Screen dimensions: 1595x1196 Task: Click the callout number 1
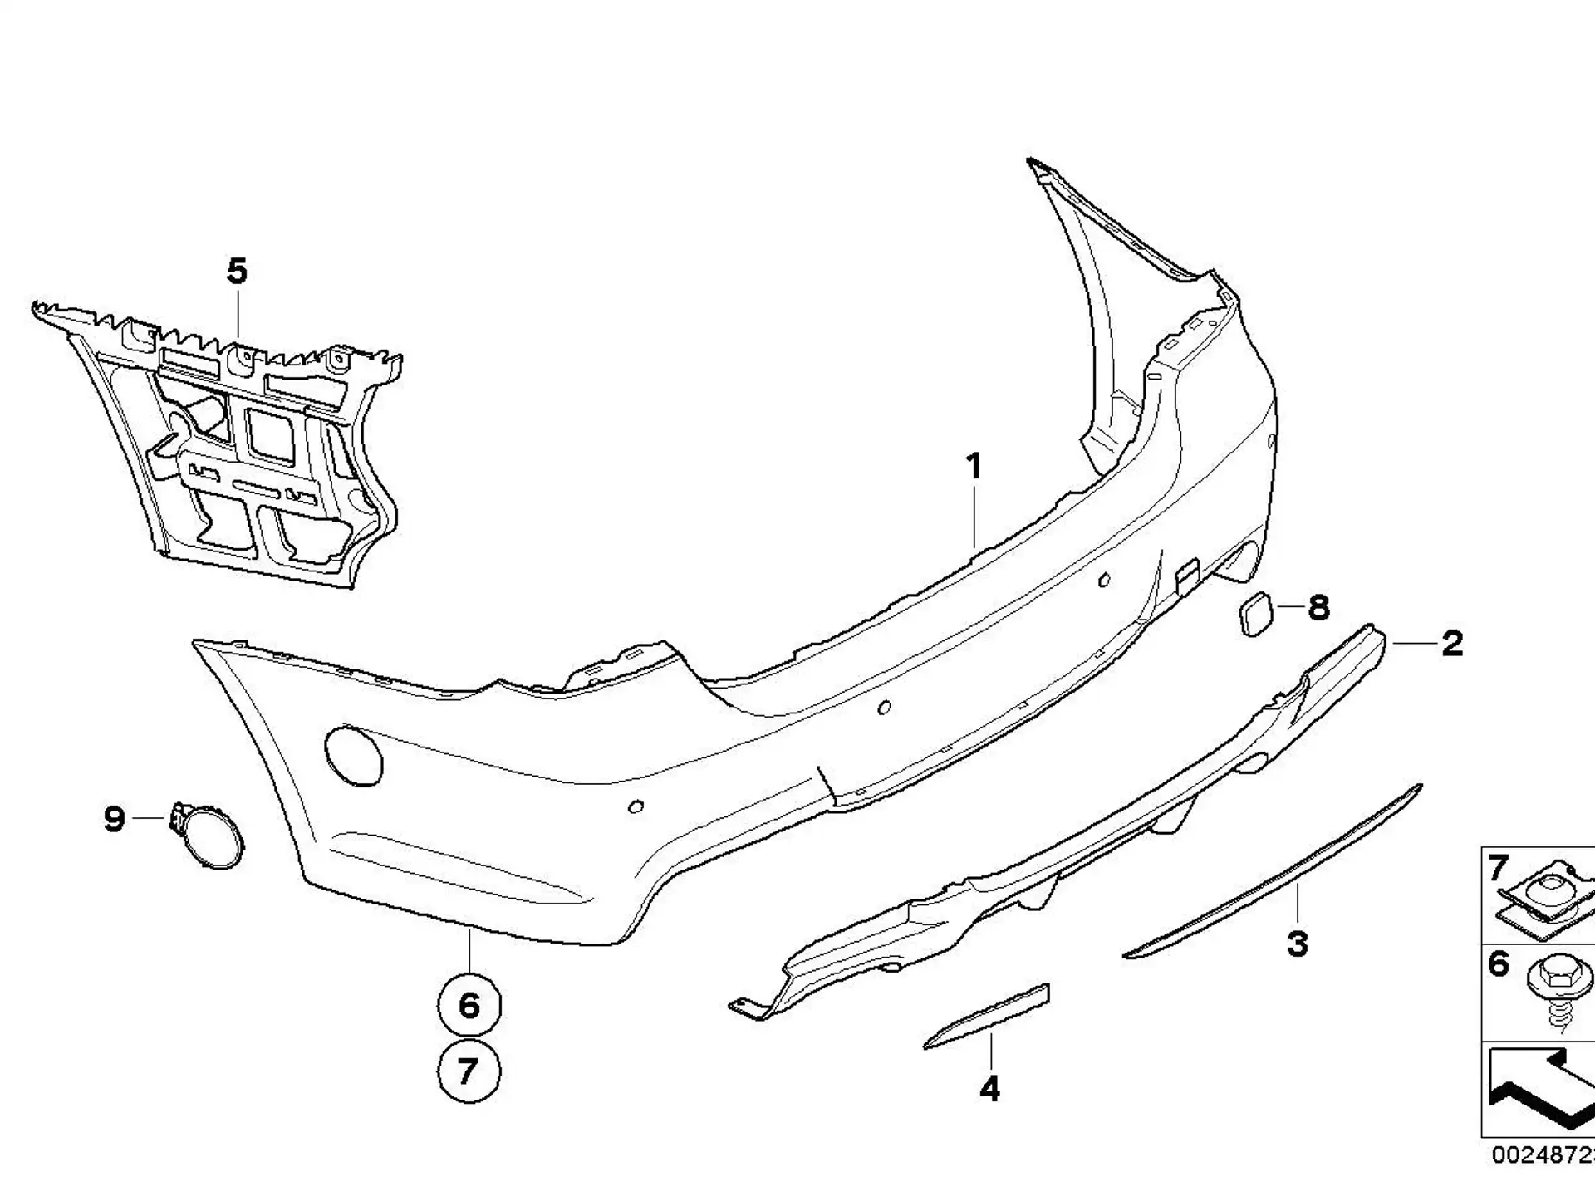click(974, 467)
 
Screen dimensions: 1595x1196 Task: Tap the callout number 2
click(1452, 644)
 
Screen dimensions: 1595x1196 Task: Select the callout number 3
click(1298, 944)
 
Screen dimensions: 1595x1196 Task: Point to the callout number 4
click(989, 1089)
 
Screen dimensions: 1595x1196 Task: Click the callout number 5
click(238, 272)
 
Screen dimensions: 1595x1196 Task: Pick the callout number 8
click(1318, 608)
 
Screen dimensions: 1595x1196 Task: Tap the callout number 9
click(115, 819)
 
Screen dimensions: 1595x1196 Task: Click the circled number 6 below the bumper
click(469, 1006)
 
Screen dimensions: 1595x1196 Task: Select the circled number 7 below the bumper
click(469, 1071)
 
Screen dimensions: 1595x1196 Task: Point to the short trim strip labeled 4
click(987, 1017)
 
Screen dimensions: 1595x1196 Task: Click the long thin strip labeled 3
click(1273, 871)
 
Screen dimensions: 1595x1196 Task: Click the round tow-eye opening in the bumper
click(353, 756)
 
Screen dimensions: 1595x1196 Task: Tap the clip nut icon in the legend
click(1547, 903)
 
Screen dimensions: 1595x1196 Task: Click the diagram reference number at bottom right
click(1543, 1155)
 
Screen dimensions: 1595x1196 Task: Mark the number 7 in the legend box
click(1498, 869)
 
